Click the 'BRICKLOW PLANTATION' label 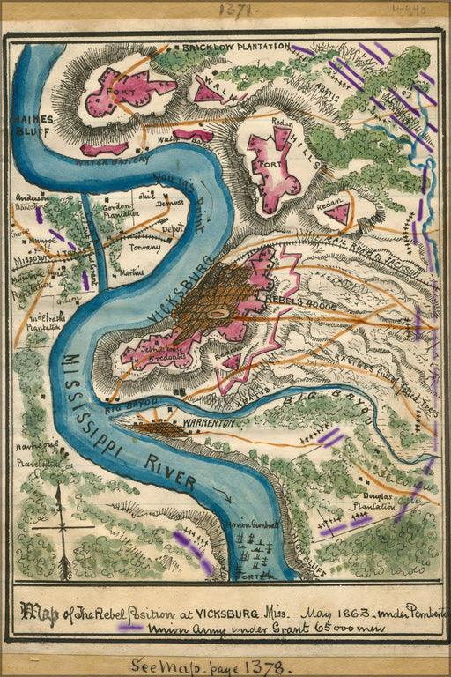coord(235,46)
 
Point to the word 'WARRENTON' coord(209,423)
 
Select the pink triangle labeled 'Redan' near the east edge coord(336,212)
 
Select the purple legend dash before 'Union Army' coord(130,628)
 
